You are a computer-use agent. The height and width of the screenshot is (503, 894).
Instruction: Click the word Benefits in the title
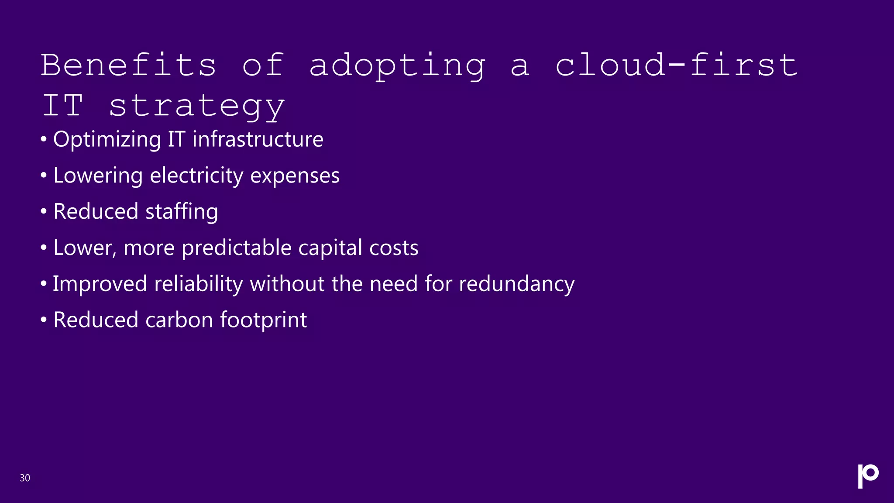(x=129, y=65)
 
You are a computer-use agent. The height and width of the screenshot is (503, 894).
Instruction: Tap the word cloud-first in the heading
(x=676, y=65)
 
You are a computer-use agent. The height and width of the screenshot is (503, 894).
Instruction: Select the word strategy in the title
(x=196, y=106)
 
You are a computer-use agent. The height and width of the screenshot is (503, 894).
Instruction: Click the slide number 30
(x=25, y=478)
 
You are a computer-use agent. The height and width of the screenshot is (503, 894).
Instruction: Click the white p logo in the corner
(x=868, y=475)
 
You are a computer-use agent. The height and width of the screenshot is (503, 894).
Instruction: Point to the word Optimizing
(x=107, y=140)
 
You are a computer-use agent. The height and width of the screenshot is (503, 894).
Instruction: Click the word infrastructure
(x=258, y=140)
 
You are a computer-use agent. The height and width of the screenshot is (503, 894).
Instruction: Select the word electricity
(x=196, y=176)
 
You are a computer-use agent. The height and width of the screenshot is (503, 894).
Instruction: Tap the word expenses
(x=295, y=176)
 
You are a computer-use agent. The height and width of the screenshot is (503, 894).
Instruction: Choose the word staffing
(x=181, y=212)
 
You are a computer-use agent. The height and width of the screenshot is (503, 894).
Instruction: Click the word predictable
(x=237, y=248)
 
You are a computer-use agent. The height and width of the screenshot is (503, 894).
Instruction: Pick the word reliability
(x=199, y=284)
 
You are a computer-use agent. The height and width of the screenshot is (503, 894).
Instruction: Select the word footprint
(x=263, y=320)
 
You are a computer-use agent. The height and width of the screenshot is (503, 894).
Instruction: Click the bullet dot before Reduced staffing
(x=43, y=212)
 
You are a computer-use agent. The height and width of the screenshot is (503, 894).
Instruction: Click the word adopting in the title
(x=397, y=65)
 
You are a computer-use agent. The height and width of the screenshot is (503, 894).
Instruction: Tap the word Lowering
(x=98, y=176)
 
